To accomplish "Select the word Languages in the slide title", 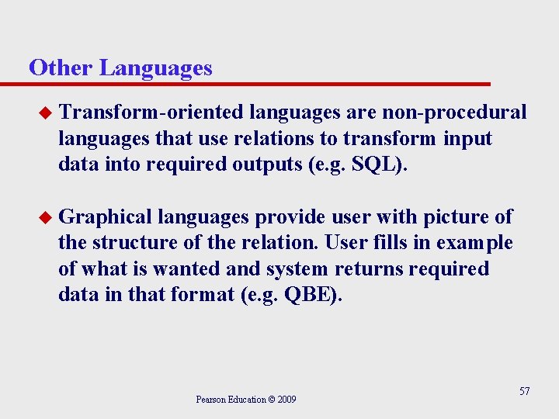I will pyautogui.click(x=155, y=69).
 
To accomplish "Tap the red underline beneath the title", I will pyautogui.click(x=256, y=83).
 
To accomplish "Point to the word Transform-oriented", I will pyautogui.click(x=152, y=113).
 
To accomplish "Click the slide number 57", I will pyautogui.click(x=524, y=391).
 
